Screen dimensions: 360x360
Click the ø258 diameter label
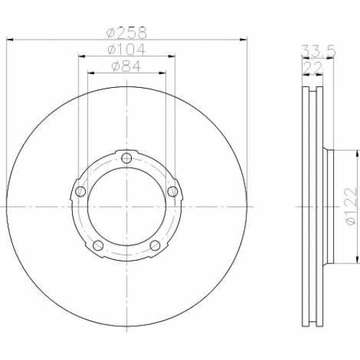(127, 32)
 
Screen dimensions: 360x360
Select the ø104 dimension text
(127, 49)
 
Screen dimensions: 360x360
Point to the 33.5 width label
(318, 51)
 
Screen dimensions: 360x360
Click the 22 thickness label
(313, 68)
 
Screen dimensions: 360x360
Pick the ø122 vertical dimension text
(350, 207)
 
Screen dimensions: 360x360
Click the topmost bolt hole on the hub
(127, 158)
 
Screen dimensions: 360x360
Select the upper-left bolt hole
(81, 192)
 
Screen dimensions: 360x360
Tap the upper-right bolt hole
(173, 192)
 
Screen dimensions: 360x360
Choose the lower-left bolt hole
(98, 246)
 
